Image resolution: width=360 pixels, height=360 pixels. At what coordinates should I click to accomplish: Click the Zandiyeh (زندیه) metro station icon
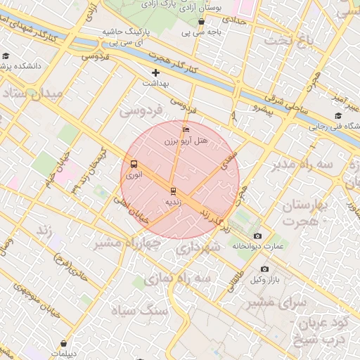click(x=173, y=191)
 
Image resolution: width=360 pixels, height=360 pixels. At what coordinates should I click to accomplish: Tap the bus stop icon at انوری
click(x=134, y=165)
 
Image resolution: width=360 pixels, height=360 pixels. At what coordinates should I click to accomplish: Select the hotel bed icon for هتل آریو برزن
click(x=186, y=129)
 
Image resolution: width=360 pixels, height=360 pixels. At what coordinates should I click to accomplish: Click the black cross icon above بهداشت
click(x=155, y=72)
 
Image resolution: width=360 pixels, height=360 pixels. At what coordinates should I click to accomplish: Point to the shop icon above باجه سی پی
click(x=202, y=21)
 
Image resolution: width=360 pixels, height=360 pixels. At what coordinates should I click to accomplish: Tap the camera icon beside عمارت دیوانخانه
click(x=257, y=236)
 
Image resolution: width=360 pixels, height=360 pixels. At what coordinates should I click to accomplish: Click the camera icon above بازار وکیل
click(x=264, y=269)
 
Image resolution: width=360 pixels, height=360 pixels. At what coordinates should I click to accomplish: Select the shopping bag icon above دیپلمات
click(x=65, y=344)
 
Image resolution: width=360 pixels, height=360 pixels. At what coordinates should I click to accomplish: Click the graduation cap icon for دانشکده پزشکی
click(x=6, y=56)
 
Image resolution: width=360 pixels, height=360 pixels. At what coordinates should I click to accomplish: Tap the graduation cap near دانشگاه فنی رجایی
click(x=338, y=116)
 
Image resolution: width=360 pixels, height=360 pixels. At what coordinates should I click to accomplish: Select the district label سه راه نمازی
click(x=178, y=279)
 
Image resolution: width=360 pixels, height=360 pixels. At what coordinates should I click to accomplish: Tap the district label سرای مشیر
click(x=278, y=302)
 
